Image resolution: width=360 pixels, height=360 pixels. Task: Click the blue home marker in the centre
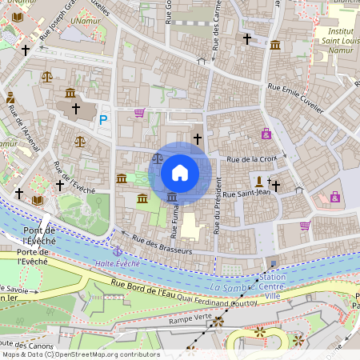coord(180,173)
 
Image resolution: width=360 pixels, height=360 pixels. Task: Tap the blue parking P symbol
coord(102,120)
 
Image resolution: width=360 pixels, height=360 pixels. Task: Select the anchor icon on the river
coord(118,297)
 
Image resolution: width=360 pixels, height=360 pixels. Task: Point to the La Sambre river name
coord(229,286)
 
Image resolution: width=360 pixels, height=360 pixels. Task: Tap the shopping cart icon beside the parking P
coord(139,113)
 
